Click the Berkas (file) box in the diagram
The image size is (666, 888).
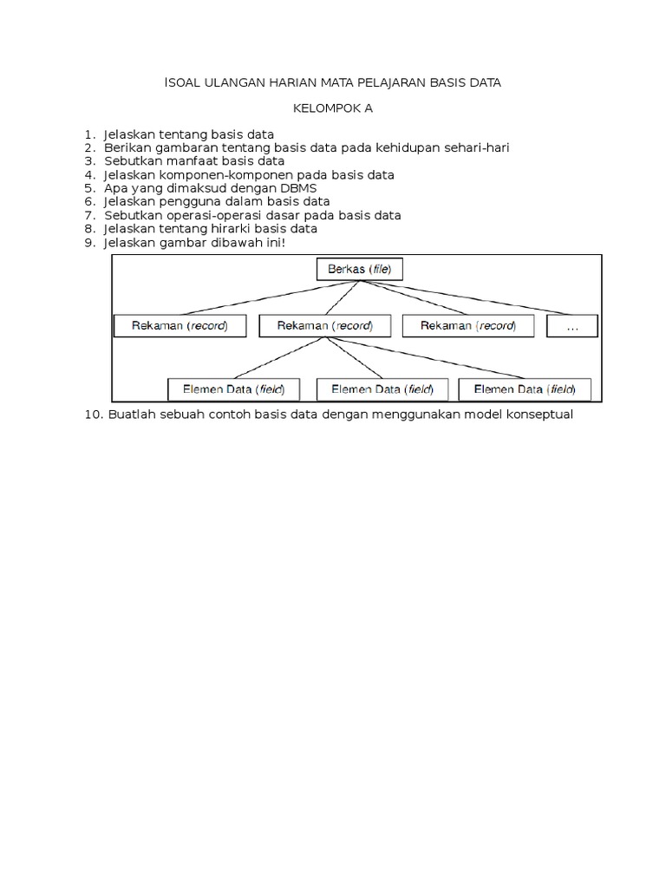pyautogui.click(x=359, y=270)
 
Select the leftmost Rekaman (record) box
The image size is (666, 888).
pyautogui.click(x=181, y=326)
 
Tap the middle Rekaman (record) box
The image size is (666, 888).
pyautogui.click(x=324, y=326)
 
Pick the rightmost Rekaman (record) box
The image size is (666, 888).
pyautogui.click(x=467, y=326)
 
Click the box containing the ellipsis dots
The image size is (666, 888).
pyautogui.click(x=571, y=326)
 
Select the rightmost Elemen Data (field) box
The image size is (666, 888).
pyautogui.click(x=524, y=388)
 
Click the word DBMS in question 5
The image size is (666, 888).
pyautogui.click(x=297, y=187)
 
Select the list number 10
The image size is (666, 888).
pyautogui.click(x=94, y=415)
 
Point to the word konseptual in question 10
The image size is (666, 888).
pyautogui.click(x=539, y=415)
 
